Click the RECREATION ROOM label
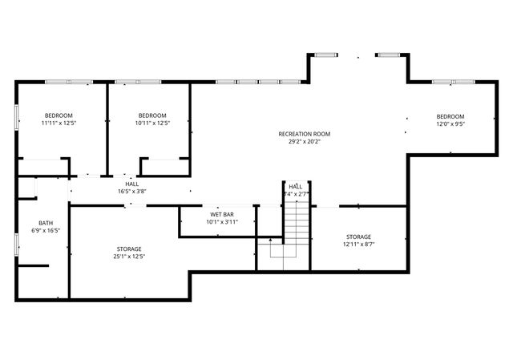pyautogui.click(x=304, y=134)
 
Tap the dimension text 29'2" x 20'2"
pyautogui.click(x=304, y=142)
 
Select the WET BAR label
pyautogui.click(x=222, y=215)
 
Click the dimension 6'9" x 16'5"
pyautogui.click(x=46, y=231)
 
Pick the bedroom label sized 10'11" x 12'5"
pyautogui.click(x=151, y=115)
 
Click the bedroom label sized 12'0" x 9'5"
pyautogui.click(x=450, y=116)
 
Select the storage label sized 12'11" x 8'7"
pyautogui.click(x=358, y=237)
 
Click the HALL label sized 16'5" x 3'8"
pyautogui.click(x=131, y=184)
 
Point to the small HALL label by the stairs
pyautogui.click(x=296, y=186)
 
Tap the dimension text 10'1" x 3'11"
pyautogui.click(x=222, y=222)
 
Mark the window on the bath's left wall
pyautogui.click(x=17, y=244)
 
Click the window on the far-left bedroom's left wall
pyautogui.click(x=17, y=115)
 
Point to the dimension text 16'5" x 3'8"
pyautogui.click(x=131, y=192)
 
